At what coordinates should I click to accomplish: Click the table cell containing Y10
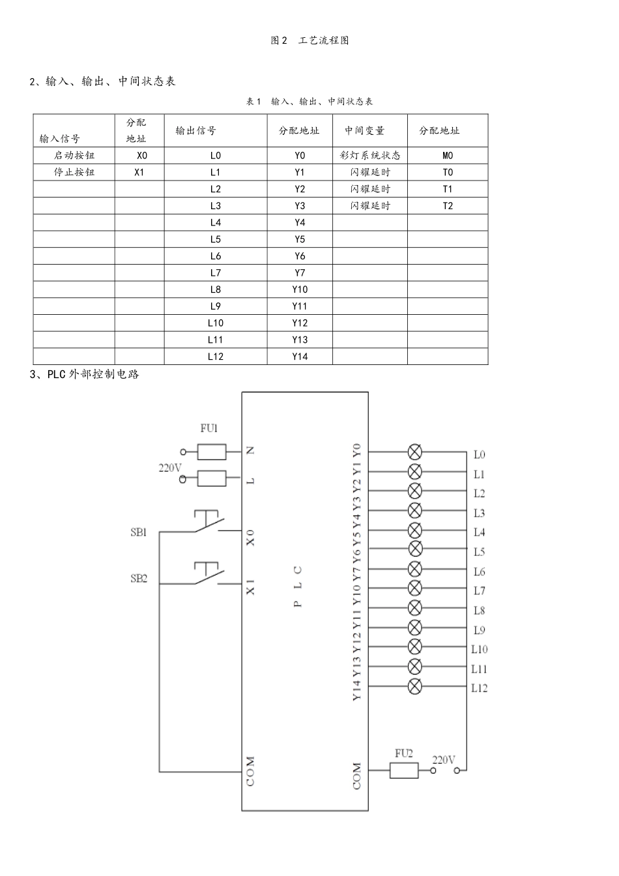(300, 289)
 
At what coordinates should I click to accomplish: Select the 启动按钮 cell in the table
(74, 155)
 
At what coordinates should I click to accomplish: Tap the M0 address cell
(448, 155)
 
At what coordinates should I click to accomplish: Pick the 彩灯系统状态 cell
(370, 155)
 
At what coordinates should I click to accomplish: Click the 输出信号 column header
(195, 130)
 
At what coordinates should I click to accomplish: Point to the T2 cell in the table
(448, 205)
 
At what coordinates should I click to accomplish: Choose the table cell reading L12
(216, 356)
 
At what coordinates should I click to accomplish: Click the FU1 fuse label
(209, 428)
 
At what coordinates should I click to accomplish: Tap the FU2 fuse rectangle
(404, 770)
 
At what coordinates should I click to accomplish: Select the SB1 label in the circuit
(139, 532)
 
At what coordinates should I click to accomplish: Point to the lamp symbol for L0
(414, 452)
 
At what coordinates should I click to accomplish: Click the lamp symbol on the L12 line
(414, 686)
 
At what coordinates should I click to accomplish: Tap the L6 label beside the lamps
(479, 572)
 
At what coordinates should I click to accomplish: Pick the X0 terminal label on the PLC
(251, 538)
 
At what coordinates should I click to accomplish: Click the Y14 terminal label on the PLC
(356, 690)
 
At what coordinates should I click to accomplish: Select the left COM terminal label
(251, 771)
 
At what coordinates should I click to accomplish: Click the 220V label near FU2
(444, 759)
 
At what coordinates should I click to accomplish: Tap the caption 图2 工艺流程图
(309, 40)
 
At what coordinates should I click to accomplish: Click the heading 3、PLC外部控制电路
(85, 374)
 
